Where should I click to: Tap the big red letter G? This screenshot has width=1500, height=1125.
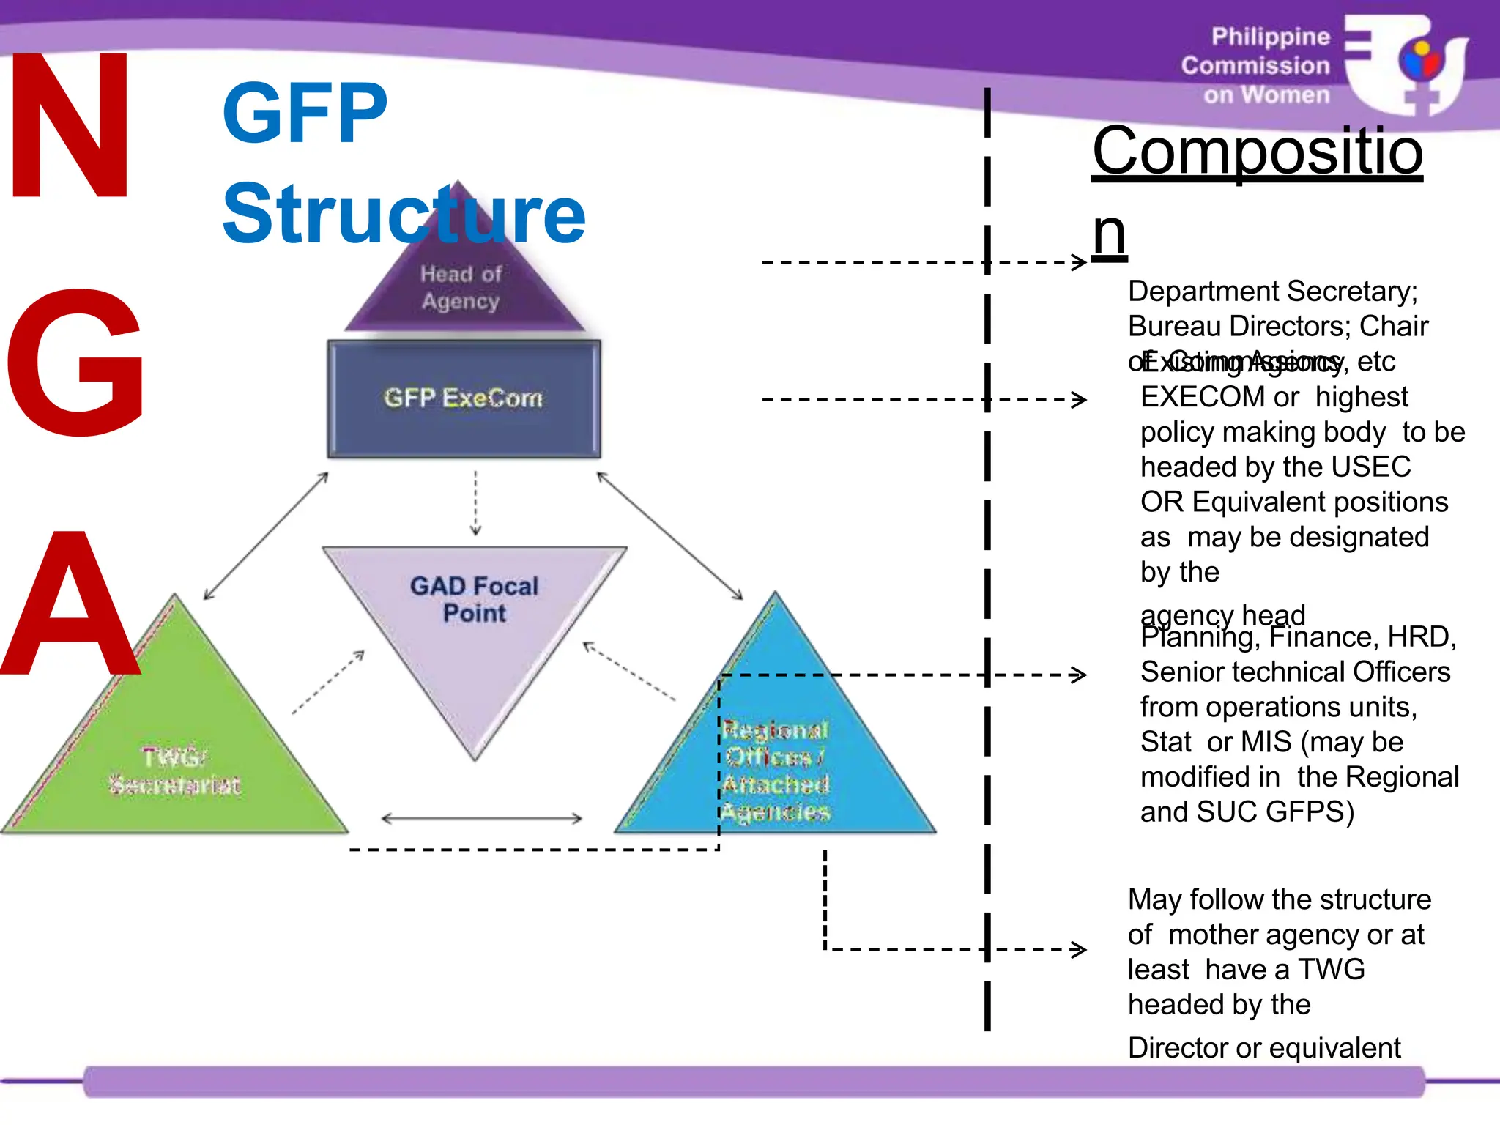coord(75,362)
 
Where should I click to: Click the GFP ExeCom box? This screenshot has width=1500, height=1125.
coord(464,398)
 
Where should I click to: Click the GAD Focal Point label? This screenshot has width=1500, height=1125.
coord(474,599)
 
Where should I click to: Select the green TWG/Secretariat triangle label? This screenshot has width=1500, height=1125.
coord(174,771)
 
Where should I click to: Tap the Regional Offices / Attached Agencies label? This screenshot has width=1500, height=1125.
coord(776,771)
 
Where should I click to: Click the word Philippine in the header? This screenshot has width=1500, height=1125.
coord(1270,37)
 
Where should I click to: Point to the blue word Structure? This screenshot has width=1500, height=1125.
coord(404,214)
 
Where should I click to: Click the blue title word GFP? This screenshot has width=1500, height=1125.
coord(305,113)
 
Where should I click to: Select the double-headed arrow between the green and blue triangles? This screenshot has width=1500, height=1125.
coord(482,819)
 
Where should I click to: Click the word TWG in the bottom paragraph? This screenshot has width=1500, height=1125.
coord(1331,970)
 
